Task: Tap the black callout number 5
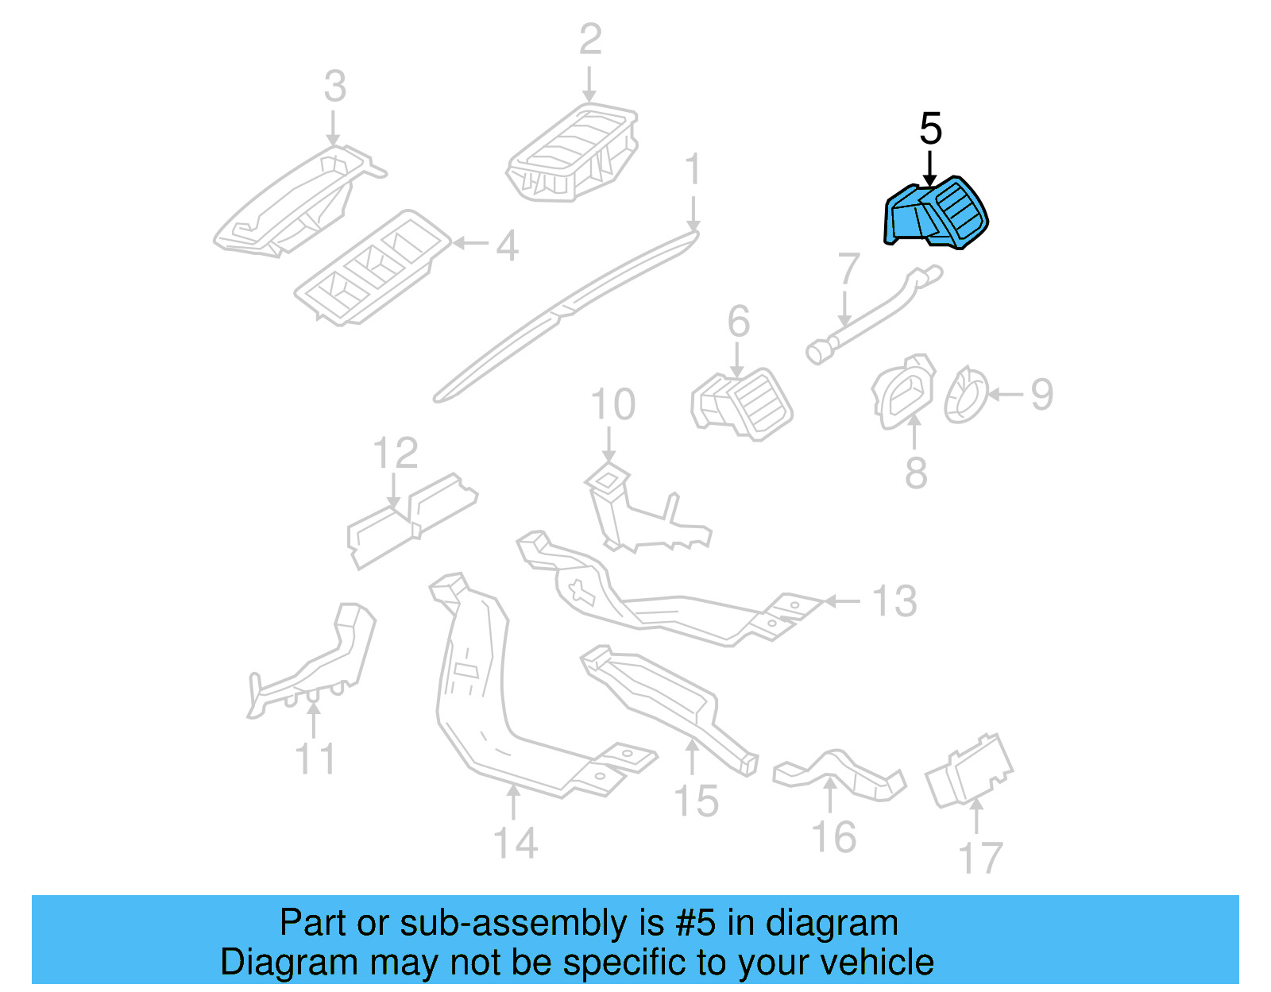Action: (x=930, y=129)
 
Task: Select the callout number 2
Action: (x=590, y=40)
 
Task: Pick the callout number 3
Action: (x=335, y=87)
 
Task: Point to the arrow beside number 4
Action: (x=470, y=244)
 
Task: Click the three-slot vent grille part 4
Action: (x=372, y=268)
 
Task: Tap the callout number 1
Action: (x=693, y=169)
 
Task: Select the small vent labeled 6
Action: (x=742, y=403)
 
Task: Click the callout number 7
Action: (x=848, y=268)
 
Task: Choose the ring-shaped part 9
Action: (x=965, y=394)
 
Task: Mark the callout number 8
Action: (x=916, y=473)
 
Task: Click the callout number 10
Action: (x=612, y=404)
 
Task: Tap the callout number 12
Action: (x=395, y=454)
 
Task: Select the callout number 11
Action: (x=315, y=758)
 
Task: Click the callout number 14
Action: (x=515, y=843)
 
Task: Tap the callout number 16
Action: (x=833, y=838)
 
